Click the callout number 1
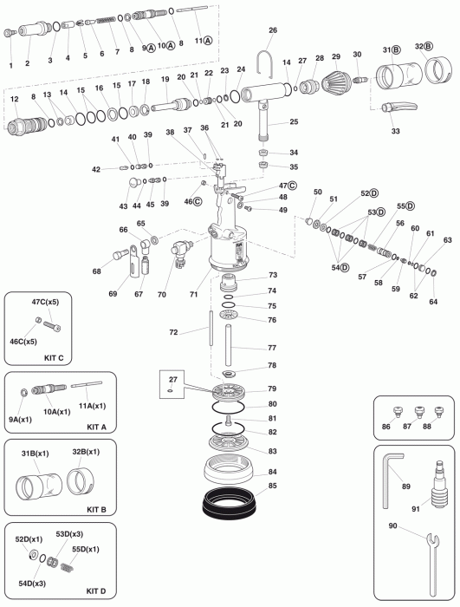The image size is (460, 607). point(10,65)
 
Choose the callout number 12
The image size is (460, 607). point(15,100)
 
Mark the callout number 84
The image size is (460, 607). point(272,472)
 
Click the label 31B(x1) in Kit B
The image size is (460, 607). point(36,453)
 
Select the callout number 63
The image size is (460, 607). point(447,240)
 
